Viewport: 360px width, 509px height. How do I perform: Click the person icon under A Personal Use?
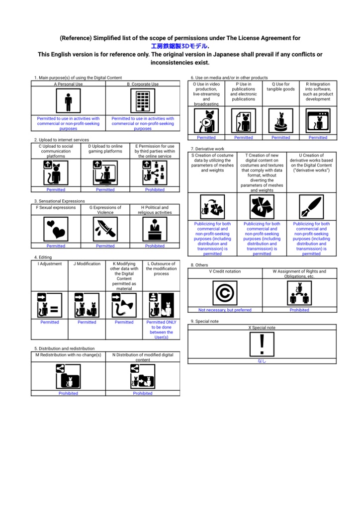click(68, 101)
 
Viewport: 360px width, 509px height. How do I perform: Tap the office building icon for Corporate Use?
click(143, 101)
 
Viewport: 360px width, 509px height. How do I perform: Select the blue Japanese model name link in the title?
click(179, 46)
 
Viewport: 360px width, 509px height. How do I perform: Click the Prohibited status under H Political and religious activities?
click(155, 246)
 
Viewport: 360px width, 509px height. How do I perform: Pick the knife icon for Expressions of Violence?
click(105, 229)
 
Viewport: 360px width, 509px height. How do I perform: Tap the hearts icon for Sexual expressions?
click(56, 229)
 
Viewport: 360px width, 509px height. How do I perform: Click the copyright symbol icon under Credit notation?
click(225, 293)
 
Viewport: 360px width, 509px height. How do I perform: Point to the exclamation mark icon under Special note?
click(262, 344)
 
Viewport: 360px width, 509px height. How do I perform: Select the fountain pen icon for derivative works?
click(311, 207)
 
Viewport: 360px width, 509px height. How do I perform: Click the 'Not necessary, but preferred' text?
click(225, 310)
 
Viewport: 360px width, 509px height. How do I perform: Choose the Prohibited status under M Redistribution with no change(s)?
click(68, 394)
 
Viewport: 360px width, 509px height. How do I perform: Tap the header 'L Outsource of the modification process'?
click(161, 269)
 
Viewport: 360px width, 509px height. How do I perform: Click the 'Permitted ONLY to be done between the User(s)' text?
click(161, 330)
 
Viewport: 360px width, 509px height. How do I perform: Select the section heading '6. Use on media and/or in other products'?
click(229, 78)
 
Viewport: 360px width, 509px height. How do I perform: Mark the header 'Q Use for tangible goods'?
click(280, 86)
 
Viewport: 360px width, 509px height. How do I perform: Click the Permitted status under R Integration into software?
click(318, 138)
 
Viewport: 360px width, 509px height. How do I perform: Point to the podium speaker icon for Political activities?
click(155, 229)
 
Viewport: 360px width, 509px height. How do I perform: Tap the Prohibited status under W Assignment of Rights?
click(299, 310)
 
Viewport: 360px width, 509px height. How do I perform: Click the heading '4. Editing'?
click(43, 257)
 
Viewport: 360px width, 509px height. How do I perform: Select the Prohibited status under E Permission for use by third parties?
click(155, 189)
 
